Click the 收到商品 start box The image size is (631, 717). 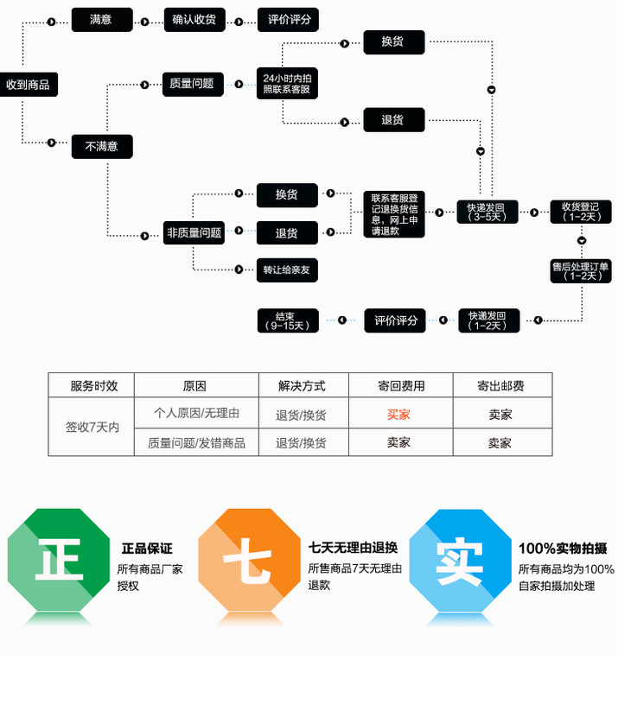pos(28,85)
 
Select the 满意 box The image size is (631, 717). pos(101,20)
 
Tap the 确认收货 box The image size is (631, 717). pos(194,20)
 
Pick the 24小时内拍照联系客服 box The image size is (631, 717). pos(287,85)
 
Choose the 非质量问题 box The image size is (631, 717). pos(194,232)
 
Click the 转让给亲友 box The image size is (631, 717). pos(287,270)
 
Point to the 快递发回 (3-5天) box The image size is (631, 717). pos(488,212)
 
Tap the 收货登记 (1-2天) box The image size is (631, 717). pos(581,212)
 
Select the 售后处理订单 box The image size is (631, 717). pos(581,271)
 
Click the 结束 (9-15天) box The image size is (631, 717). pos(288,320)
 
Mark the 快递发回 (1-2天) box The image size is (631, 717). pos(488,320)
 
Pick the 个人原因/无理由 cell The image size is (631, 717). pos(196,414)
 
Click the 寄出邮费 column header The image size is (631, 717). pos(500,386)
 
